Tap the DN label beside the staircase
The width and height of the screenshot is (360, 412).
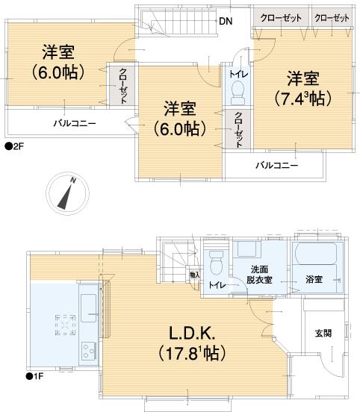point(225,21)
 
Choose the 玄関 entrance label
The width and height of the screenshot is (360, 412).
point(322,333)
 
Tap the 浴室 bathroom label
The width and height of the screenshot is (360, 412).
point(314,280)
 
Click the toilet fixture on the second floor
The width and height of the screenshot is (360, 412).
point(238,93)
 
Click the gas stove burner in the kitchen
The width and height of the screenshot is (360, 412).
point(65,325)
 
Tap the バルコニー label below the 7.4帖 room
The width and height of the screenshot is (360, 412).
point(277,165)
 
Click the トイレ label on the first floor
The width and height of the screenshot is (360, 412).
point(216,285)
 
